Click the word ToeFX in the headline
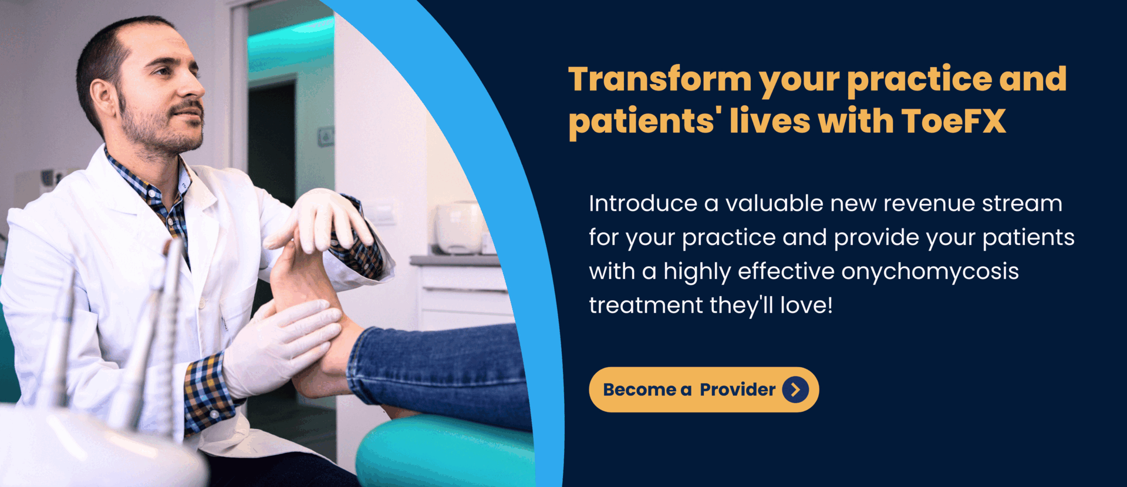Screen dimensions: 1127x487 [x=954, y=121]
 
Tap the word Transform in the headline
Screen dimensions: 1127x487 [x=660, y=79]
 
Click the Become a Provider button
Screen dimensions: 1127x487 [x=704, y=389]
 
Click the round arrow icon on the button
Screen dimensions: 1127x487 [x=795, y=389]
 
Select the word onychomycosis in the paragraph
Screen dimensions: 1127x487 [x=930, y=272]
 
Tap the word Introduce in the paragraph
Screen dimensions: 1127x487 [x=643, y=203]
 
